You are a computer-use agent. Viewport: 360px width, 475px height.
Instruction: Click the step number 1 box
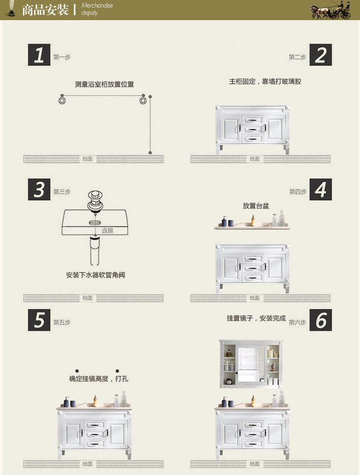point(39,55)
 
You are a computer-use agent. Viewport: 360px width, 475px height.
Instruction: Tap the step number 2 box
point(321,55)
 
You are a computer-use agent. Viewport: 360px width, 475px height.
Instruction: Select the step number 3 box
point(39,190)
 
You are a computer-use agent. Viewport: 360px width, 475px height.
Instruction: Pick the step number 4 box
point(321,190)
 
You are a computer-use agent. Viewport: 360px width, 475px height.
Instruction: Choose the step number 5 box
point(39,320)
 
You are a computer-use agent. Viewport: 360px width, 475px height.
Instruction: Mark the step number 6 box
point(321,320)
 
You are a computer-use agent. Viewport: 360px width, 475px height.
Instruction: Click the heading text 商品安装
point(46,10)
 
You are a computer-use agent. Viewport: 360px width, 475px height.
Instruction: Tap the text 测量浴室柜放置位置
point(104,84)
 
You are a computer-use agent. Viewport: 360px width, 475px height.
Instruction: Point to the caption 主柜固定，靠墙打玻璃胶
point(265,82)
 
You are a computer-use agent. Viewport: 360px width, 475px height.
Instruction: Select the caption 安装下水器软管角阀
point(96,275)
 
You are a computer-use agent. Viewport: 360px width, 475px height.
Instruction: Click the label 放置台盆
point(256,206)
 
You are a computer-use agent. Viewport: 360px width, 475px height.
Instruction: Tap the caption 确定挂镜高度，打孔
point(98,378)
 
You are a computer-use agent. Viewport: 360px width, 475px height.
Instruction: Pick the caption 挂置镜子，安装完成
point(256,318)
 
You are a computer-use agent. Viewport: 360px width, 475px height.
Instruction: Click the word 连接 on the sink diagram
point(107,231)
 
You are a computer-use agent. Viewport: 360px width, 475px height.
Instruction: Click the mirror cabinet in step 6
point(252,364)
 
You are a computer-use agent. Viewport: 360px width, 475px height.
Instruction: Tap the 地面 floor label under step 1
point(87,159)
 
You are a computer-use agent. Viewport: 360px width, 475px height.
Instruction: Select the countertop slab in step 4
point(252,226)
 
